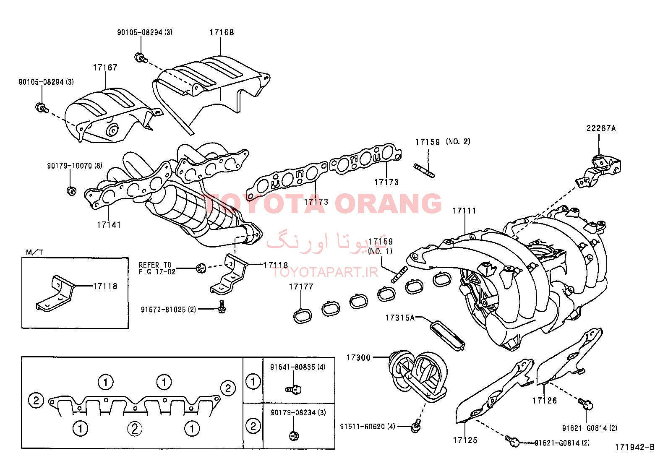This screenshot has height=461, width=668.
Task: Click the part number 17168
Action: click(x=222, y=32)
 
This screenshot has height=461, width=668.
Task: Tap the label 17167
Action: click(x=105, y=68)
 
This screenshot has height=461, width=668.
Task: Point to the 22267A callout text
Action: click(x=601, y=128)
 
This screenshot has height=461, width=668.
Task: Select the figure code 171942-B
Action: click(x=634, y=447)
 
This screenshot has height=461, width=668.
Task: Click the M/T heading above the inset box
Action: click(x=34, y=252)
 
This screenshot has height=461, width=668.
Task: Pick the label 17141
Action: click(x=109, y=225)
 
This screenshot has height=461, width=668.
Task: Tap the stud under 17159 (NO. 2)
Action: click(x=424, y=171)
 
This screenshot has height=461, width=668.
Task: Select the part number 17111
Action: click(x=464, y=211)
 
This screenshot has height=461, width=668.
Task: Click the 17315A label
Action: click(x=400, y=318)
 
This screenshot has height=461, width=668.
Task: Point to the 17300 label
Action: click(x=358, y=357)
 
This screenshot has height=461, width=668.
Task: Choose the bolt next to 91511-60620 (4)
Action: click(x=415, y=426)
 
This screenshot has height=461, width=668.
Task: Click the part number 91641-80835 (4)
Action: click(x=297, y=367)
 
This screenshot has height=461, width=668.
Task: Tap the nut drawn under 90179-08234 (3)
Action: click(x=294, y=436)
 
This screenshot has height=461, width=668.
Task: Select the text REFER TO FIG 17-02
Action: click(x=157, y=268)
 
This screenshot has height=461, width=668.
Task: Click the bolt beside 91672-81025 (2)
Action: click(x=221, y=307)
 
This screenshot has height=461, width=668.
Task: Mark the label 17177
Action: click(x=301, y=287)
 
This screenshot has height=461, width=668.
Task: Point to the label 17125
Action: click(x=465, y=440)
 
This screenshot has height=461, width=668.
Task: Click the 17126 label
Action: click(x=545, y=401)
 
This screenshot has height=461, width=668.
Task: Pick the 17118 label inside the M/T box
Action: click(x=105, y=286)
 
